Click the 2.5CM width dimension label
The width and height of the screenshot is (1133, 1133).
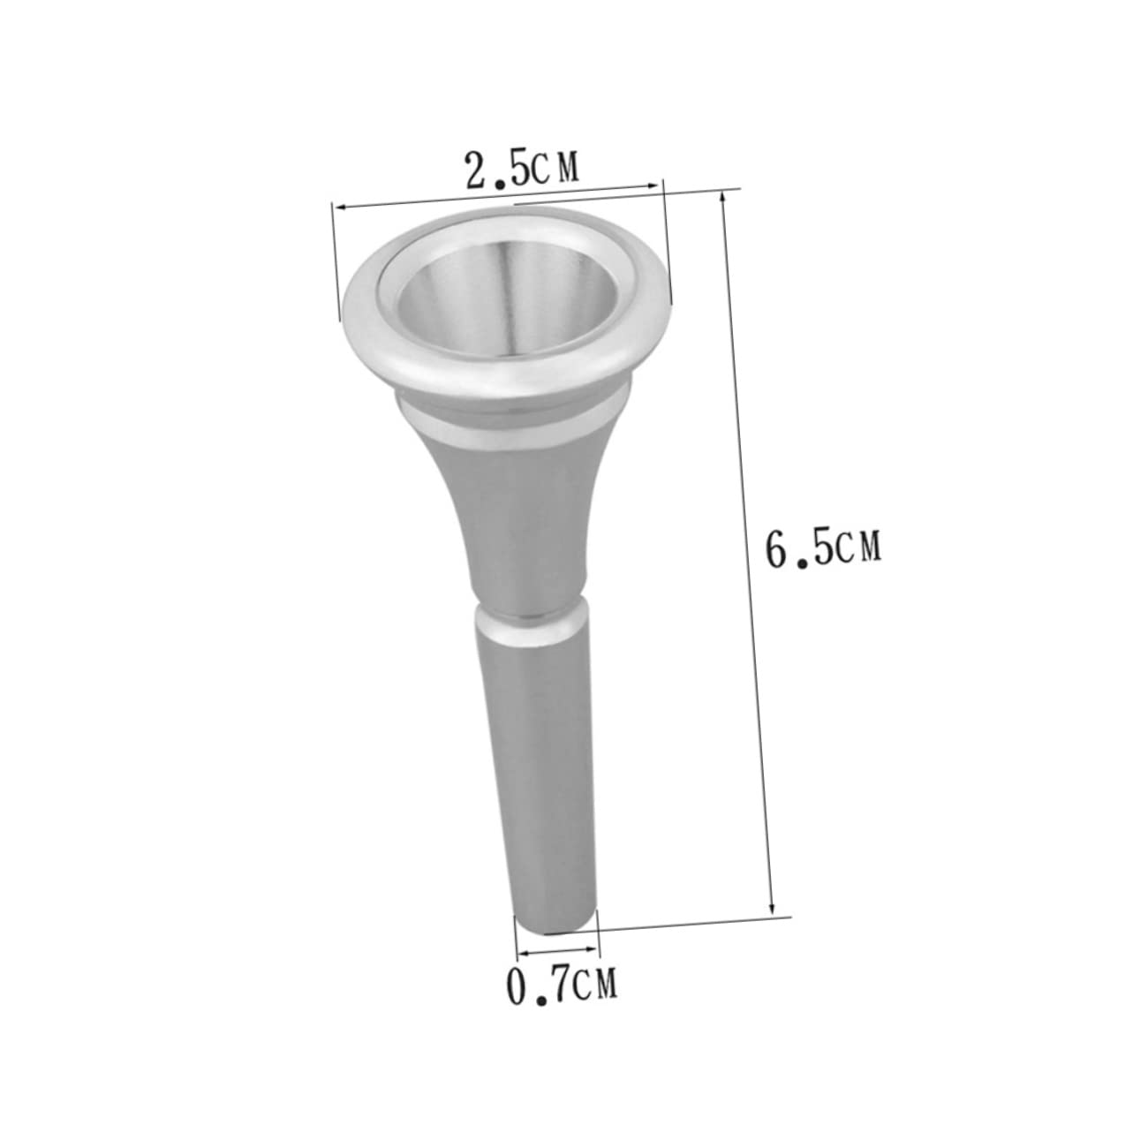(522, 168)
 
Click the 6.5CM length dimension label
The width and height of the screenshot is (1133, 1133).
(824, 548)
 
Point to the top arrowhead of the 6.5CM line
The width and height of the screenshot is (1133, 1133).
(725, 196)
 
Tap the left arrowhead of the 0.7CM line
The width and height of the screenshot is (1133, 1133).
(520, 953)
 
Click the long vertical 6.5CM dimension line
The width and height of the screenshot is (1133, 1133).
(749, 548)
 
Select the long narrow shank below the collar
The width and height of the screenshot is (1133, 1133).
(540, 777)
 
